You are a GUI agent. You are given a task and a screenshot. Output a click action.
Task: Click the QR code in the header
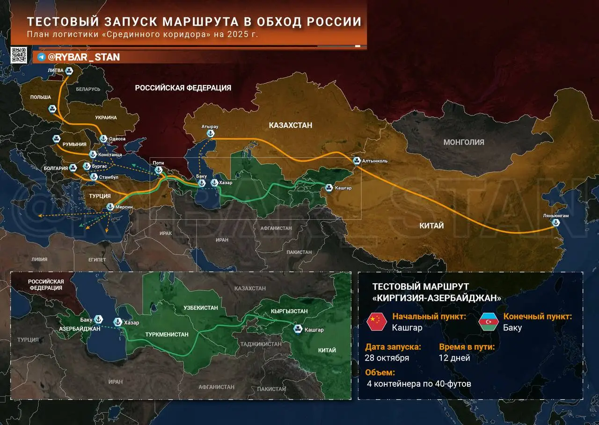point(19,55)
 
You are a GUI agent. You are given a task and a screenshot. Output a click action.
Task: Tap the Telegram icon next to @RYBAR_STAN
point(41,57)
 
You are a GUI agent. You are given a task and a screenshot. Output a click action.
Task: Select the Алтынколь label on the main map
point(375,161)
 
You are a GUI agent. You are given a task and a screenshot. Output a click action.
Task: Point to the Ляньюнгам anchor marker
point(556,223)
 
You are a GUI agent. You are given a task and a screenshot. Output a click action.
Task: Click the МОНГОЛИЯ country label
point(464,142)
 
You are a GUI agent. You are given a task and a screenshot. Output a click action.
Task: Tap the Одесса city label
point(117,139)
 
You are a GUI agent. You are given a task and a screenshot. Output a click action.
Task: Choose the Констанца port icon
point(93,154)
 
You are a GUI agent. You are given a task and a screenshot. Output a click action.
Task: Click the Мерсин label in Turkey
point(124,207)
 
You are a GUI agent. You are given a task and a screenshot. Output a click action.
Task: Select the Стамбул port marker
point(93,177)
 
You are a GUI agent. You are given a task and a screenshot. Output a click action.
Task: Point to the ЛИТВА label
point(55,71)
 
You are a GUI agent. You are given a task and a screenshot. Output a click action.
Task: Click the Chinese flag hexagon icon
point(377,322)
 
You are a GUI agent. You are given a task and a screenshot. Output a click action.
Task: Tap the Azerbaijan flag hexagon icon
point(489,322)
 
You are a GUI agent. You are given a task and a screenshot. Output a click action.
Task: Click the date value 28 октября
point(387,358)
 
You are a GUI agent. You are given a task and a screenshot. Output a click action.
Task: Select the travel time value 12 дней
point(454,358)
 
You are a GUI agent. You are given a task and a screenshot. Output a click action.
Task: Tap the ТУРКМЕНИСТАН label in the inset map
point(167,335)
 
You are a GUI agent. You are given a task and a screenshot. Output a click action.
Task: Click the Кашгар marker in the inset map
point(297,329)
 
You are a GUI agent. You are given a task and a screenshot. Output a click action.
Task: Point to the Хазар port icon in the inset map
point(117,322)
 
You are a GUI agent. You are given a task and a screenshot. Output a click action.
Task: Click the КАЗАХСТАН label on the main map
point(290,125)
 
